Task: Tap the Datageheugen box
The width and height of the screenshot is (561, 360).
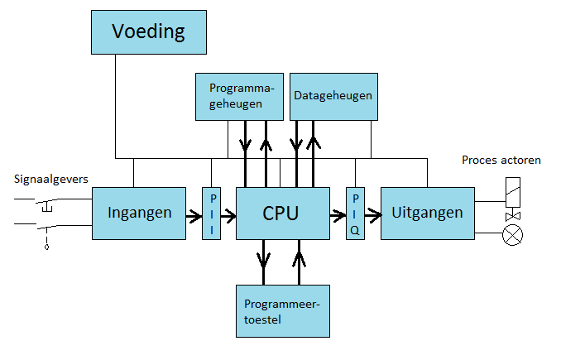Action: [x=333, y=95]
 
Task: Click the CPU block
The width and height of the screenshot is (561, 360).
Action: [x=280, y=213]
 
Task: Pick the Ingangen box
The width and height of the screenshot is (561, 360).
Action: [x=139, y=213]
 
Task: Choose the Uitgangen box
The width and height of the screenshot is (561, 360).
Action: [x=428, y=213]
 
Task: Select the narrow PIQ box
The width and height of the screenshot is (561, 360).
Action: [x=355, y=214]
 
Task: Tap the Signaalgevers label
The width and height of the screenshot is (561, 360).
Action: [x=50, y=179]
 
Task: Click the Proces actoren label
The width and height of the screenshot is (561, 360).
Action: [x=501, y=160]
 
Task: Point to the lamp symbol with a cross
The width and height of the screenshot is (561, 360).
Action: [x=513, y=235]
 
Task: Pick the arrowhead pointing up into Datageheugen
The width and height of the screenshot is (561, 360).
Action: [x=313, y=142]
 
